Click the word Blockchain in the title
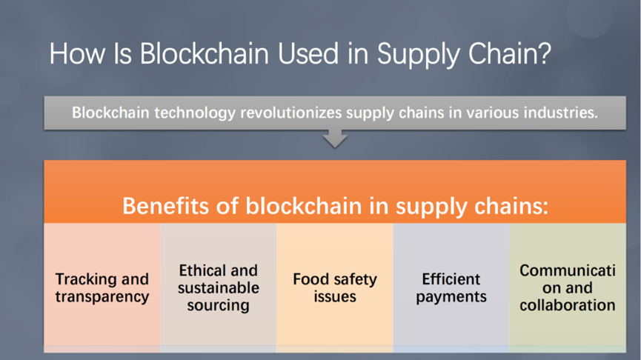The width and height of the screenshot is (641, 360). [205, 53]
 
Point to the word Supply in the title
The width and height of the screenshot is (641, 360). [418, 56]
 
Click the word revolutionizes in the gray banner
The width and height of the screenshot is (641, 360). [290, 113]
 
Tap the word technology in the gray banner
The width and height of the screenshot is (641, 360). [195, 113]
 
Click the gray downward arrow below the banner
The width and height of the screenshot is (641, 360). [335, 139]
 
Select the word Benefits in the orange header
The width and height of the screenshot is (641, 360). [167, 205]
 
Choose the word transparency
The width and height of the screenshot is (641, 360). [102, 297]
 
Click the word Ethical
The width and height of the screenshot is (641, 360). [199, 270]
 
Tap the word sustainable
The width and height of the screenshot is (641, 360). [219, 288]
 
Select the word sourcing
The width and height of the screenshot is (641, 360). [219, 306]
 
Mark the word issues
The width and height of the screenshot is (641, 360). [335, 296]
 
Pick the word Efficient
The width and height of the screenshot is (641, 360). [451, 279]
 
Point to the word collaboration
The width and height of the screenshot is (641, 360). [568, 305]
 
